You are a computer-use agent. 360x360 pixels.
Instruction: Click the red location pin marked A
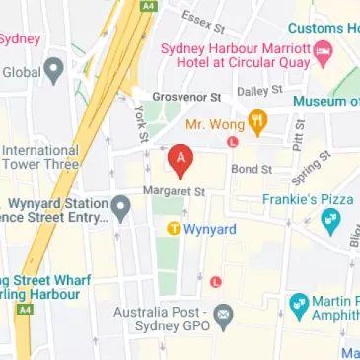[179, 159]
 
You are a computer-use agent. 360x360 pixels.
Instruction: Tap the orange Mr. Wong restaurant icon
[257, 124]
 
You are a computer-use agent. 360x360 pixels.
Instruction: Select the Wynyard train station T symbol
[173, 230]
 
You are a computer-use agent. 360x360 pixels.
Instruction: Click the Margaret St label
[173, 190]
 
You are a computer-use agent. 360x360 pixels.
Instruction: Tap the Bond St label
[251, 169]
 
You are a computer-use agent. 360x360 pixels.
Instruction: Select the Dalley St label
[260, 90]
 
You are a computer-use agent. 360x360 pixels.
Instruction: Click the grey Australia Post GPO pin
[223, 318]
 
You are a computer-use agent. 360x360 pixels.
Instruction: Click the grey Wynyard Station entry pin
[121, 207]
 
